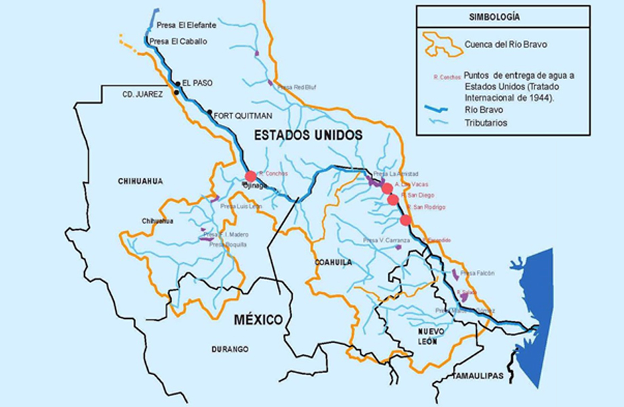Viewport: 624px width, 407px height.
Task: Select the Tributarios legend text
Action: click(486, 123)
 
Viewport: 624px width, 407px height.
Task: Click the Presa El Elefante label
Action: click(186, 25)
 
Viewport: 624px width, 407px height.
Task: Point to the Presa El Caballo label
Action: click(178, 41)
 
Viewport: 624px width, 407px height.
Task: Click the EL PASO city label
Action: click(197, 83)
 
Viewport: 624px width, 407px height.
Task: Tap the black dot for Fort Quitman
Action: click(210, 113)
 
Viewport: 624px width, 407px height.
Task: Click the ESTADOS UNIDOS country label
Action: click(308, 136)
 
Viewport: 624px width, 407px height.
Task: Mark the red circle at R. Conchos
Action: click(250, 176)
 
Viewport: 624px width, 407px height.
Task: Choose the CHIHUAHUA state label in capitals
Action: click(140, 181)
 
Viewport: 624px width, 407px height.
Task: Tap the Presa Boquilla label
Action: click(228, 244)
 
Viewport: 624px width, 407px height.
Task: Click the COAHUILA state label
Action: click(333, 262)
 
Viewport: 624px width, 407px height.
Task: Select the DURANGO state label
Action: click(229, 349)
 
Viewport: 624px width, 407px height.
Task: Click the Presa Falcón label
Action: click(477, 273)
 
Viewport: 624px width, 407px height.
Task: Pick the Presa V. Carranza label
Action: click(387, 240)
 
